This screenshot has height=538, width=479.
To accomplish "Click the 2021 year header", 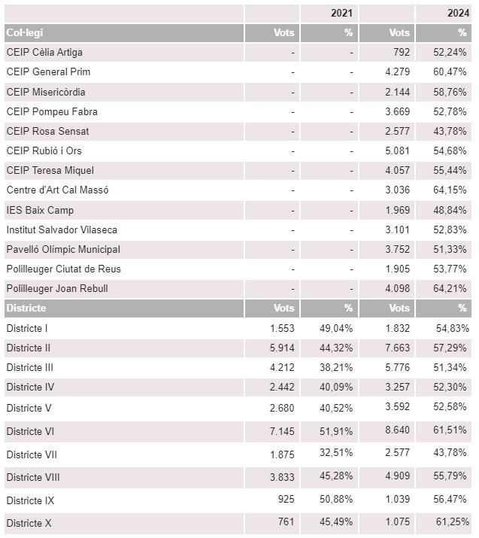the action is [341, 13].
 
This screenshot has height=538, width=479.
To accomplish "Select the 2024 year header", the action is [458, 13].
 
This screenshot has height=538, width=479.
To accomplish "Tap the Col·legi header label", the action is [25, 32].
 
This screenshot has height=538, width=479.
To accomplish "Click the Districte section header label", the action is [26, 308].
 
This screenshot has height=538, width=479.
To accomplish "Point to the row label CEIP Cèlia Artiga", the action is [44, 52].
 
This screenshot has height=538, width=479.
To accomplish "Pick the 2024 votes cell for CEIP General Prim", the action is [397, 71].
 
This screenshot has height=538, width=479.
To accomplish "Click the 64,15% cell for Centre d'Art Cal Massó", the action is [450, 190].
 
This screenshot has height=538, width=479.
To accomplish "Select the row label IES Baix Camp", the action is [40, 210].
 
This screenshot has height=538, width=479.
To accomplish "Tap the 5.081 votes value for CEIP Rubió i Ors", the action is [397, 150].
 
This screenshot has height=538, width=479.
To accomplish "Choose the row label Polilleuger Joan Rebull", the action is [57, 288].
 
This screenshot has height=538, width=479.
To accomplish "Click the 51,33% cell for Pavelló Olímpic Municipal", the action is [450, 249].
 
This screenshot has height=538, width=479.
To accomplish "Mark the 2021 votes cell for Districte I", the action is [282, 328].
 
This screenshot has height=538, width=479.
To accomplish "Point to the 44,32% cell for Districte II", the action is [336, 348].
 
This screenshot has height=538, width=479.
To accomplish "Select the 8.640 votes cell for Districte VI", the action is [397, 430].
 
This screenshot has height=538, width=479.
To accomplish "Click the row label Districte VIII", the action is [33, 477].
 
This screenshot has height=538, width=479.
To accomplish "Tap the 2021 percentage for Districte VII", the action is [336, 452].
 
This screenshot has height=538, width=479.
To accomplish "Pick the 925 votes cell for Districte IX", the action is [286, 499].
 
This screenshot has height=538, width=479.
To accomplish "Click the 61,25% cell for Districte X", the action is [453, 522].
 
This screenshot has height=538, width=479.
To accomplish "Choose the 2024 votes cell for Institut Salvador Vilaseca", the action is [397, 229].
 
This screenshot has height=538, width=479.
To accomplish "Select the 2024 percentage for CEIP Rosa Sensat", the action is [450, 131].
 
